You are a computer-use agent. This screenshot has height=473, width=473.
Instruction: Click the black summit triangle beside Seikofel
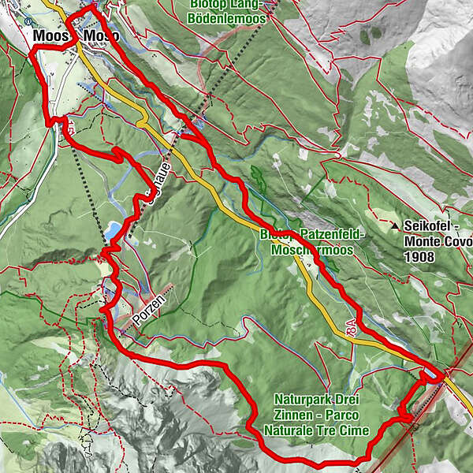[394, 226]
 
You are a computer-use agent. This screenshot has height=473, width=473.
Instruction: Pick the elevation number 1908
[418, 256]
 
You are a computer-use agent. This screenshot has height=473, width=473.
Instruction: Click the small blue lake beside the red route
[113, 230]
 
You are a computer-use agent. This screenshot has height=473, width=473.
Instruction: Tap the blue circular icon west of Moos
[28, 21]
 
